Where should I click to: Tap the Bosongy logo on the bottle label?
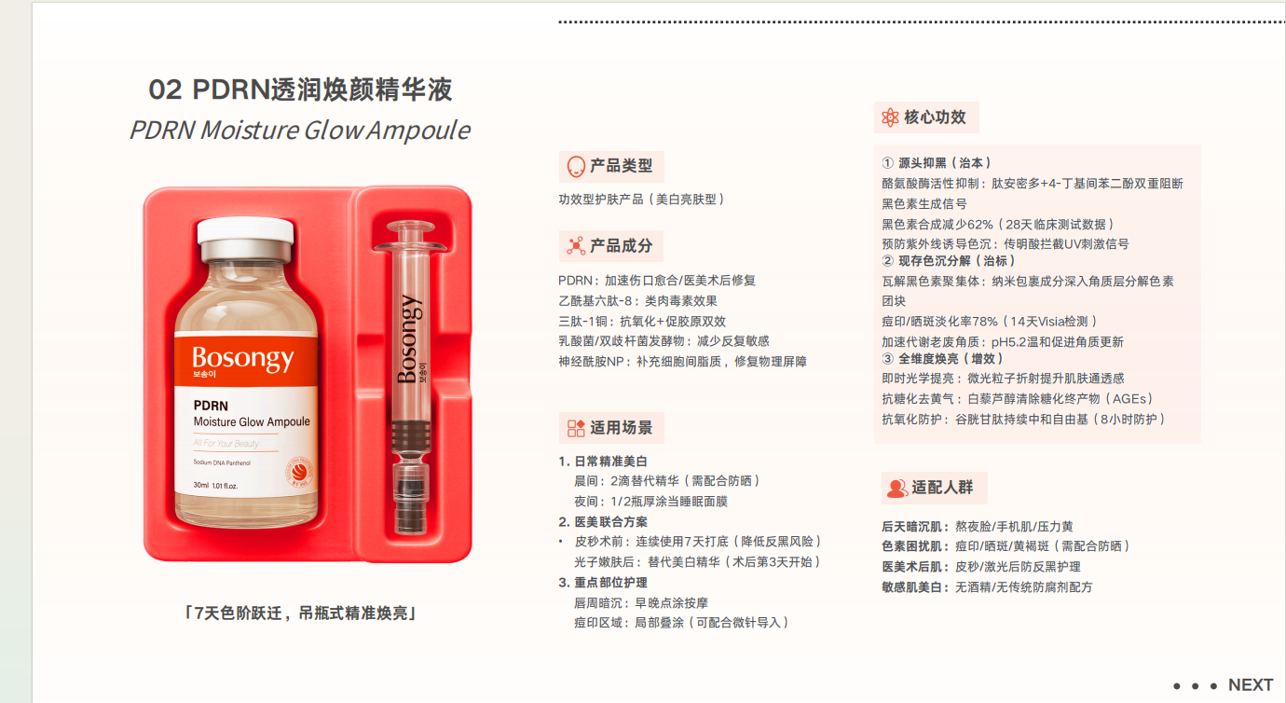243,359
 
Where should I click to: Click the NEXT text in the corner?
1251,684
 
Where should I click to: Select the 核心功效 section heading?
935,117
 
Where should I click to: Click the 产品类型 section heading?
622,166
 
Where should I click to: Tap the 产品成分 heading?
622,246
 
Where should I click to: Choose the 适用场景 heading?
622,428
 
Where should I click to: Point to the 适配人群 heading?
942,488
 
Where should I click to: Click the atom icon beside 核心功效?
890,117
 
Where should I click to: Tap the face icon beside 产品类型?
576,167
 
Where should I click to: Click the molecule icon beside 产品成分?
576,246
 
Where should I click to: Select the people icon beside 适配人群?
896,489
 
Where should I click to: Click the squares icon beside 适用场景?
576,428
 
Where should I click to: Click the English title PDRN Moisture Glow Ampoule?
300,131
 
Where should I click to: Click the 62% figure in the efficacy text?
980,224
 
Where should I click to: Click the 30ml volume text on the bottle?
201,486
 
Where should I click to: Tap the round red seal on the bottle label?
299,472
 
